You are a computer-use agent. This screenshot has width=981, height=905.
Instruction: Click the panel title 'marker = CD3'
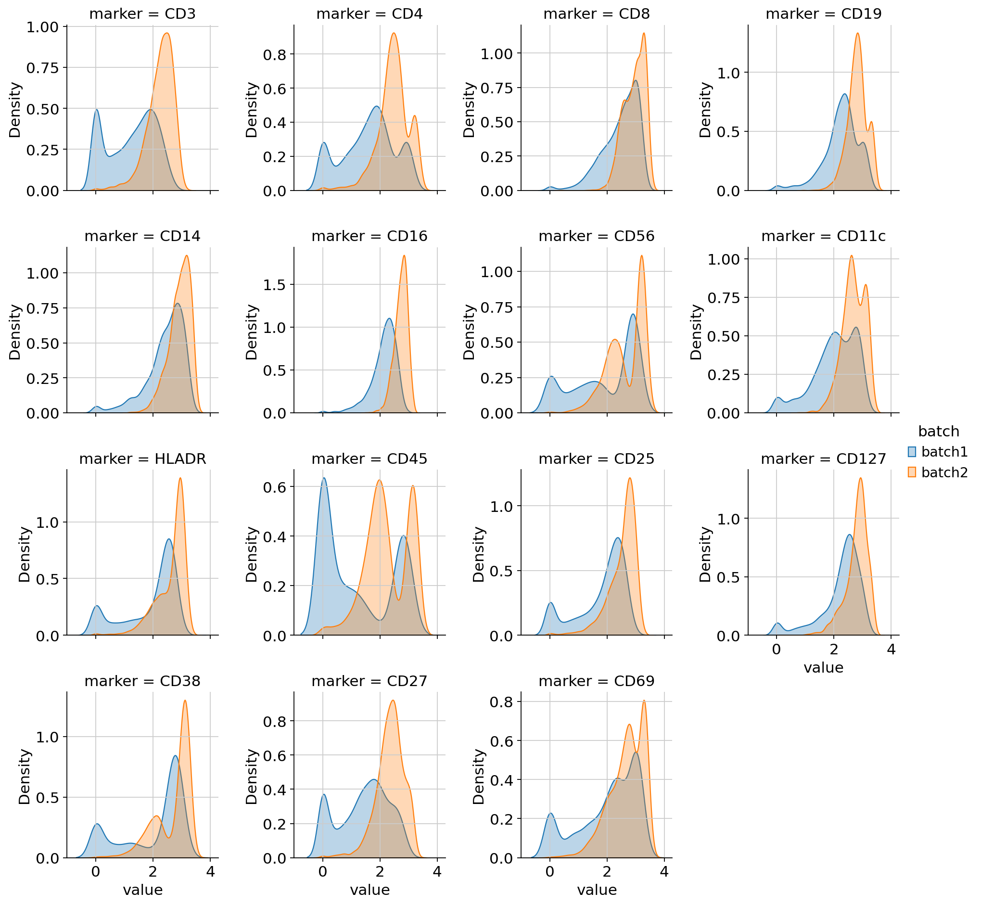(142, 13)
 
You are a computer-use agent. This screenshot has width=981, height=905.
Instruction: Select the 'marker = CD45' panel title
(369, 459)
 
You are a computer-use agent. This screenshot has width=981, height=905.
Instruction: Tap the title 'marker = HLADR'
(142, 459)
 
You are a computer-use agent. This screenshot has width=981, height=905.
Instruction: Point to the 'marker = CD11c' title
(823, 236)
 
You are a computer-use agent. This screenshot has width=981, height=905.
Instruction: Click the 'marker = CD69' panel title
(597, 681)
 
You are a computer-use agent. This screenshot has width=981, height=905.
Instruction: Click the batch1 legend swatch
(912, 451)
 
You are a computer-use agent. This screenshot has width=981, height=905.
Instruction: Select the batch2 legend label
(944, 472)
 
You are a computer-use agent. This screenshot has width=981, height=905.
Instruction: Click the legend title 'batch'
(938, 432)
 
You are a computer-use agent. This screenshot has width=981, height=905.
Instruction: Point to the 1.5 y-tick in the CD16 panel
(275, 284)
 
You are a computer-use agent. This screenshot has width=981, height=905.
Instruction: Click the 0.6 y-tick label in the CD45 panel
(275, 487)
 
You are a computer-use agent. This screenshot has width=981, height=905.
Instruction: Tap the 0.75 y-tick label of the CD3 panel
(43, 67)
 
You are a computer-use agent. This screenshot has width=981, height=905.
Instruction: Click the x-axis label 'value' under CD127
(823, 668)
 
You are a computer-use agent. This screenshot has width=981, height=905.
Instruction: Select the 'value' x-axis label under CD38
(142, 890)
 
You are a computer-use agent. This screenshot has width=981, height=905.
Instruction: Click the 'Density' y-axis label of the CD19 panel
(705, 110)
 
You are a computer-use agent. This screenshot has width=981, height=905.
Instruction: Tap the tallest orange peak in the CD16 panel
(404, 255)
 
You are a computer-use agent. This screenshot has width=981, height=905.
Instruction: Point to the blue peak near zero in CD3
(97, 110)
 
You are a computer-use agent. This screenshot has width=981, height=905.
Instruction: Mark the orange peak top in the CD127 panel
(861, 478)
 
